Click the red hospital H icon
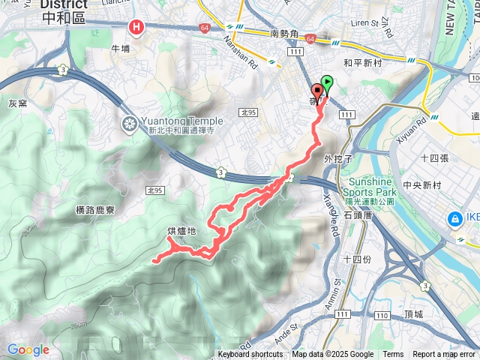[136, 28]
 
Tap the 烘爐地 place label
[181, 231]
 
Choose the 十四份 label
[356, 259]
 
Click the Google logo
[28, 349]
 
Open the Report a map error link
[445, 355]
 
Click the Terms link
[393, 355]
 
